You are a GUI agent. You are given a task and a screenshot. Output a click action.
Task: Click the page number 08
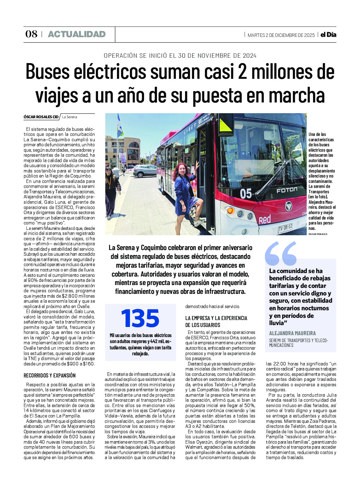tap(31, 34)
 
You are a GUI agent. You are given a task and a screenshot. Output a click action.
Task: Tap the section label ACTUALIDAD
tap(77, 34)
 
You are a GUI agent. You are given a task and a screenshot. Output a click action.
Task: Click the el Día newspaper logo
tap(328, 35)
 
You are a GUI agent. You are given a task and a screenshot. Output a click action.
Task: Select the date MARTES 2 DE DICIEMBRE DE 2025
tap(281, 35)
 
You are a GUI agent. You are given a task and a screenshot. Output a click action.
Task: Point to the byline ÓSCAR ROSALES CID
tap(41, 117)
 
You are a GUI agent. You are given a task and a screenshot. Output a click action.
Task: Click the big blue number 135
tap(140, 318)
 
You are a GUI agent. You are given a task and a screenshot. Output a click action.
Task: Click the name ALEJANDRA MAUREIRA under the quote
tap(292, 333)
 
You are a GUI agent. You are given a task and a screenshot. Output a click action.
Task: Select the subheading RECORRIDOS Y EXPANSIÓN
tap(50, 376)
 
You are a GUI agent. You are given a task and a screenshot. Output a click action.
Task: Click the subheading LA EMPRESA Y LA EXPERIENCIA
tap(216, 318)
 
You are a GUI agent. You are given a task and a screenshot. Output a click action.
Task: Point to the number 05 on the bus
tap(246, 193)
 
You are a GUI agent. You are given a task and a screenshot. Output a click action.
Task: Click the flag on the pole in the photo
tap(120, 126)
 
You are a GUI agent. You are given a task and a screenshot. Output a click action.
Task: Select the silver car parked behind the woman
tap(145, 171)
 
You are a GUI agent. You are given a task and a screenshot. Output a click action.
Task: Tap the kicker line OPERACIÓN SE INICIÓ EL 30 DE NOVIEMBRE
tap(180, 56)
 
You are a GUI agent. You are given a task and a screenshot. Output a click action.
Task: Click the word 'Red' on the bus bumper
tap(264, 219)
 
